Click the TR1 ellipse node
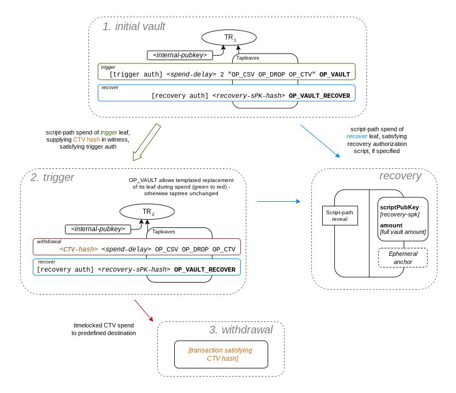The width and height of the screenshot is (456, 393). (229, 37)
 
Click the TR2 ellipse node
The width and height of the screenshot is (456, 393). (147, 212)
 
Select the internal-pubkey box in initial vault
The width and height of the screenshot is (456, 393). (180, 55)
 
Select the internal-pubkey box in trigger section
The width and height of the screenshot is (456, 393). (98, 229)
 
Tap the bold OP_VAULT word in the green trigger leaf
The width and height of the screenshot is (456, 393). (334, 74)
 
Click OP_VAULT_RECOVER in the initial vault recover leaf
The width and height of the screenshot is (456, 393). (319, 96)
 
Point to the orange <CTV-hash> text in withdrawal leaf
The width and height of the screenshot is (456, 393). (79, 249)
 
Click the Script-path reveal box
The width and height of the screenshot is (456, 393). (340, 215)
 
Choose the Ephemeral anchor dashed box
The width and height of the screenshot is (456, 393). (403, 257)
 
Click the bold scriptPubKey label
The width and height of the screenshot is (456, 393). (399, 207)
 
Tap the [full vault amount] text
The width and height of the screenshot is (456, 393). (403, 232)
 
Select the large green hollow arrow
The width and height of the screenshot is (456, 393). (146, 142)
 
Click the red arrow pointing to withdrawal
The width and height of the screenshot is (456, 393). (144, 310)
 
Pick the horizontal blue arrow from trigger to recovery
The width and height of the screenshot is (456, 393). (278, 201)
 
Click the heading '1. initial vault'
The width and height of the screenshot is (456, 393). (134, 26)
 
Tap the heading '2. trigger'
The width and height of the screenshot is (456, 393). (52, 177)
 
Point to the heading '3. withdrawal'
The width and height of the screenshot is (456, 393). (241, 330)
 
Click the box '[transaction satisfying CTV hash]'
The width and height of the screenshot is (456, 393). (221, 354)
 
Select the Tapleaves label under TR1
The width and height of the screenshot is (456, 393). (247, 58)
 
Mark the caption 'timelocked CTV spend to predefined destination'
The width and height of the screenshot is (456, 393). (104, 329)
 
